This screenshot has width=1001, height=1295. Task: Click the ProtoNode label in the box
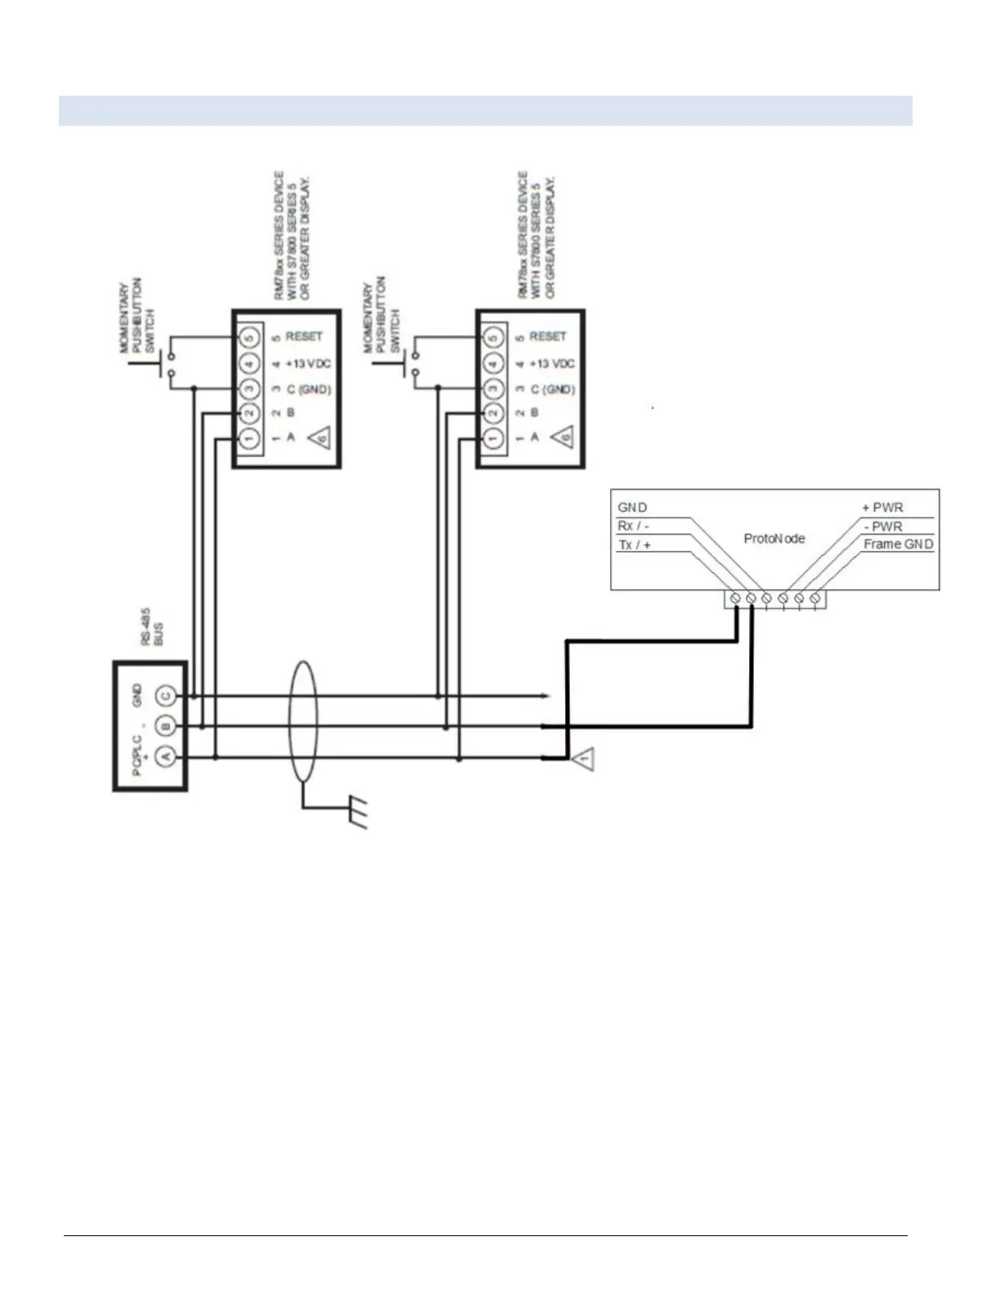tap(774, 539)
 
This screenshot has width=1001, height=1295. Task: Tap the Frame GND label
tap(898, 544)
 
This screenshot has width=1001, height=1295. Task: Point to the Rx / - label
tap(633, 526)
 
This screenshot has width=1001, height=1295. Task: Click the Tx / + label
tap(634, 544)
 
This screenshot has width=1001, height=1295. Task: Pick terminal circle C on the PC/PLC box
tap(166, 696)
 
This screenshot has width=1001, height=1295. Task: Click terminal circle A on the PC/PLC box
tap(166, 757)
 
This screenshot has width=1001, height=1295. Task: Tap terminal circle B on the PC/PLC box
tap(166, 726)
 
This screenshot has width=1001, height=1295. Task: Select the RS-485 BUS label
tap(151, 627)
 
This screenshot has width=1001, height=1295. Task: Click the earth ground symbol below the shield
tap(357, 813)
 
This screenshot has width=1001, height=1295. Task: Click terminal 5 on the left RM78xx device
tap(249, 337)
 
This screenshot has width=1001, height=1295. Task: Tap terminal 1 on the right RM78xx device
tap(492, 438)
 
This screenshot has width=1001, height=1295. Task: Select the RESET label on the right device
tap(547, 337)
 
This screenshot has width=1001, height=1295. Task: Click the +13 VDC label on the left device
tap(307, 364)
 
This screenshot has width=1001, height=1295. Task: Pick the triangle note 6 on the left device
tap(321, 439)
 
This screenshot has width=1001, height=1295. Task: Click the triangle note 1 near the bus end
tap(583, 760)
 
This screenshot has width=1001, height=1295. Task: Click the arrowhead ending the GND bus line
tap(545, 697)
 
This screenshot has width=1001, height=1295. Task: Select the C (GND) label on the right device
tap(552, 390)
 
